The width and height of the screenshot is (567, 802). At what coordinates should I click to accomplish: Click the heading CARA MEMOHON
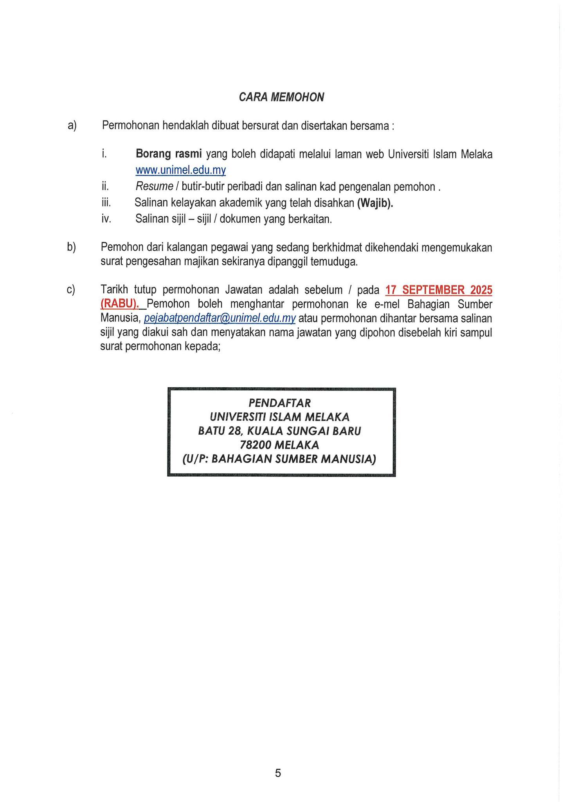point(281,97)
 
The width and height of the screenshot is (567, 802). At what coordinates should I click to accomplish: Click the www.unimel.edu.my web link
point(181,170)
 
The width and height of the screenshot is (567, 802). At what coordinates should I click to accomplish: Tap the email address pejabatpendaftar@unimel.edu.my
point(220,318)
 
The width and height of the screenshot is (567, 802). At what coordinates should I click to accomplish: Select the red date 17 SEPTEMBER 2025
point(439,290)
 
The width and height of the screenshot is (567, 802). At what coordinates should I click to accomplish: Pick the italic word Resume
point(154,187)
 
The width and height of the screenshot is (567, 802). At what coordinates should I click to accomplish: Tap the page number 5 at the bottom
point(278,773)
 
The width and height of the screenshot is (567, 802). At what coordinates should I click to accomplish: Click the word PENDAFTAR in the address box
point(280,403)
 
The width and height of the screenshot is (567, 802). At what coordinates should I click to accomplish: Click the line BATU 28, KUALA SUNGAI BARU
point(280,431)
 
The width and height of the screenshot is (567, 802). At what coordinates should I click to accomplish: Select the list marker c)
point(71,290)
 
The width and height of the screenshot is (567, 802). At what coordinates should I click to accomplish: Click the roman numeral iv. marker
point(106,219)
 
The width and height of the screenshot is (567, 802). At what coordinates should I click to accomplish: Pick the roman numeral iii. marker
point(106,203)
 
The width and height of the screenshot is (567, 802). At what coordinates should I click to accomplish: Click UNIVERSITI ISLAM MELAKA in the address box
point(280,417)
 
